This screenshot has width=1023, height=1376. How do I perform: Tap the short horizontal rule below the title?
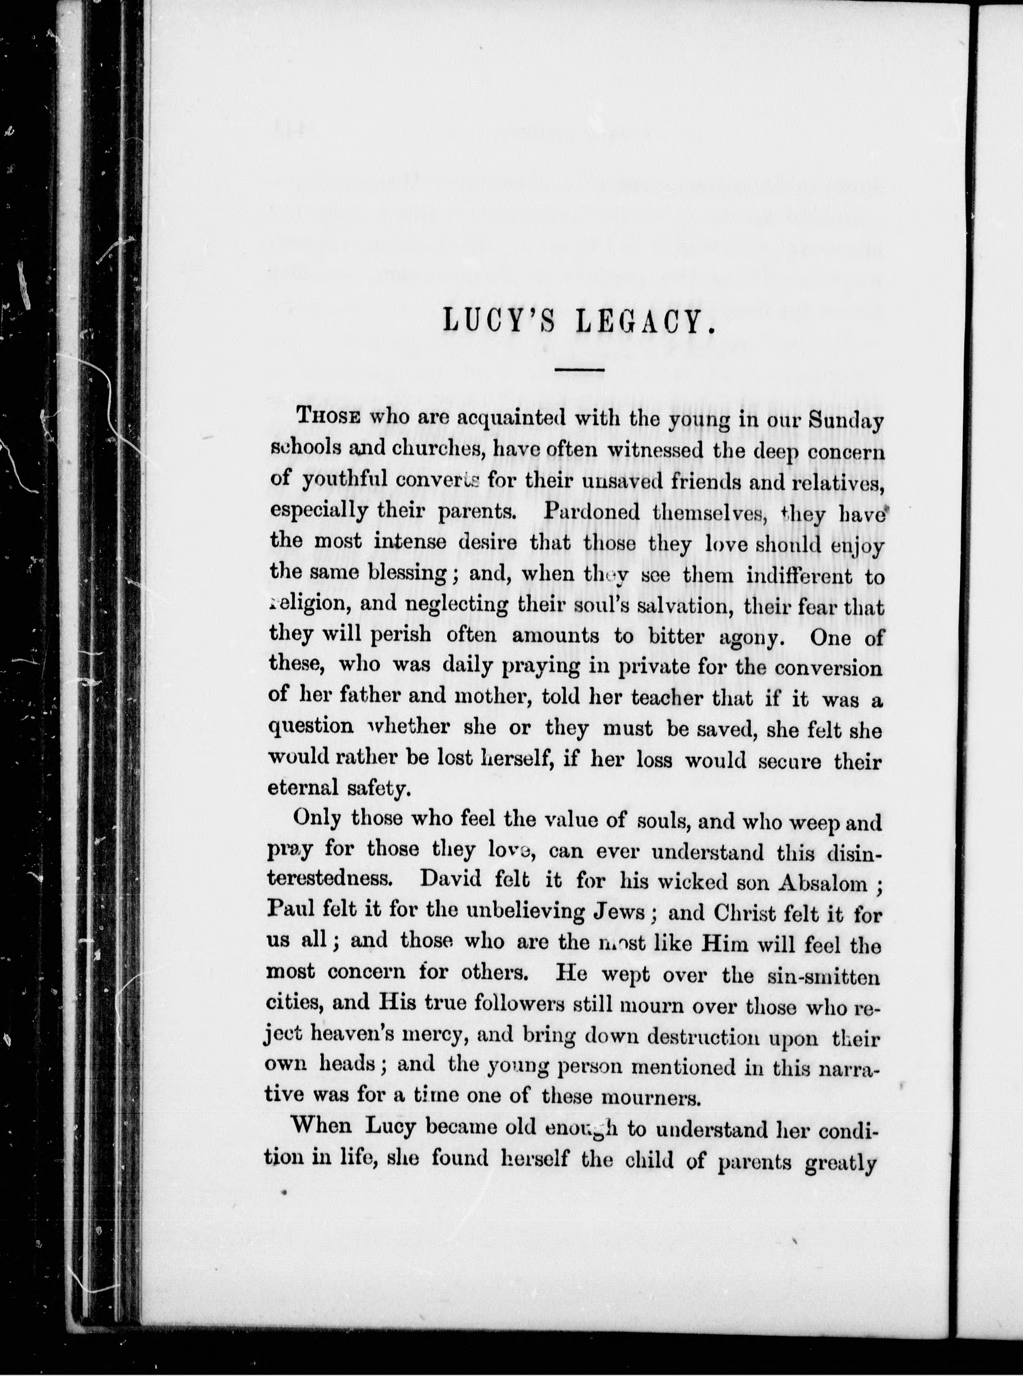coord(579,370)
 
